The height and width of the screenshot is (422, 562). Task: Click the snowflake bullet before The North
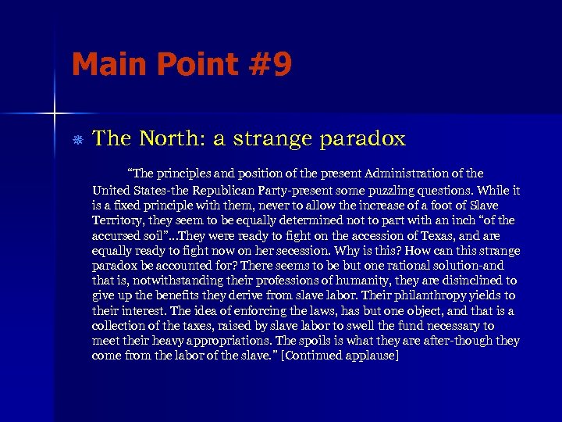[x=77, y=140]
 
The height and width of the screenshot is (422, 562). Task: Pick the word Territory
[x=116, y=221]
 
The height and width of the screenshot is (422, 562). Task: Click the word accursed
[x=116, y=236]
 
